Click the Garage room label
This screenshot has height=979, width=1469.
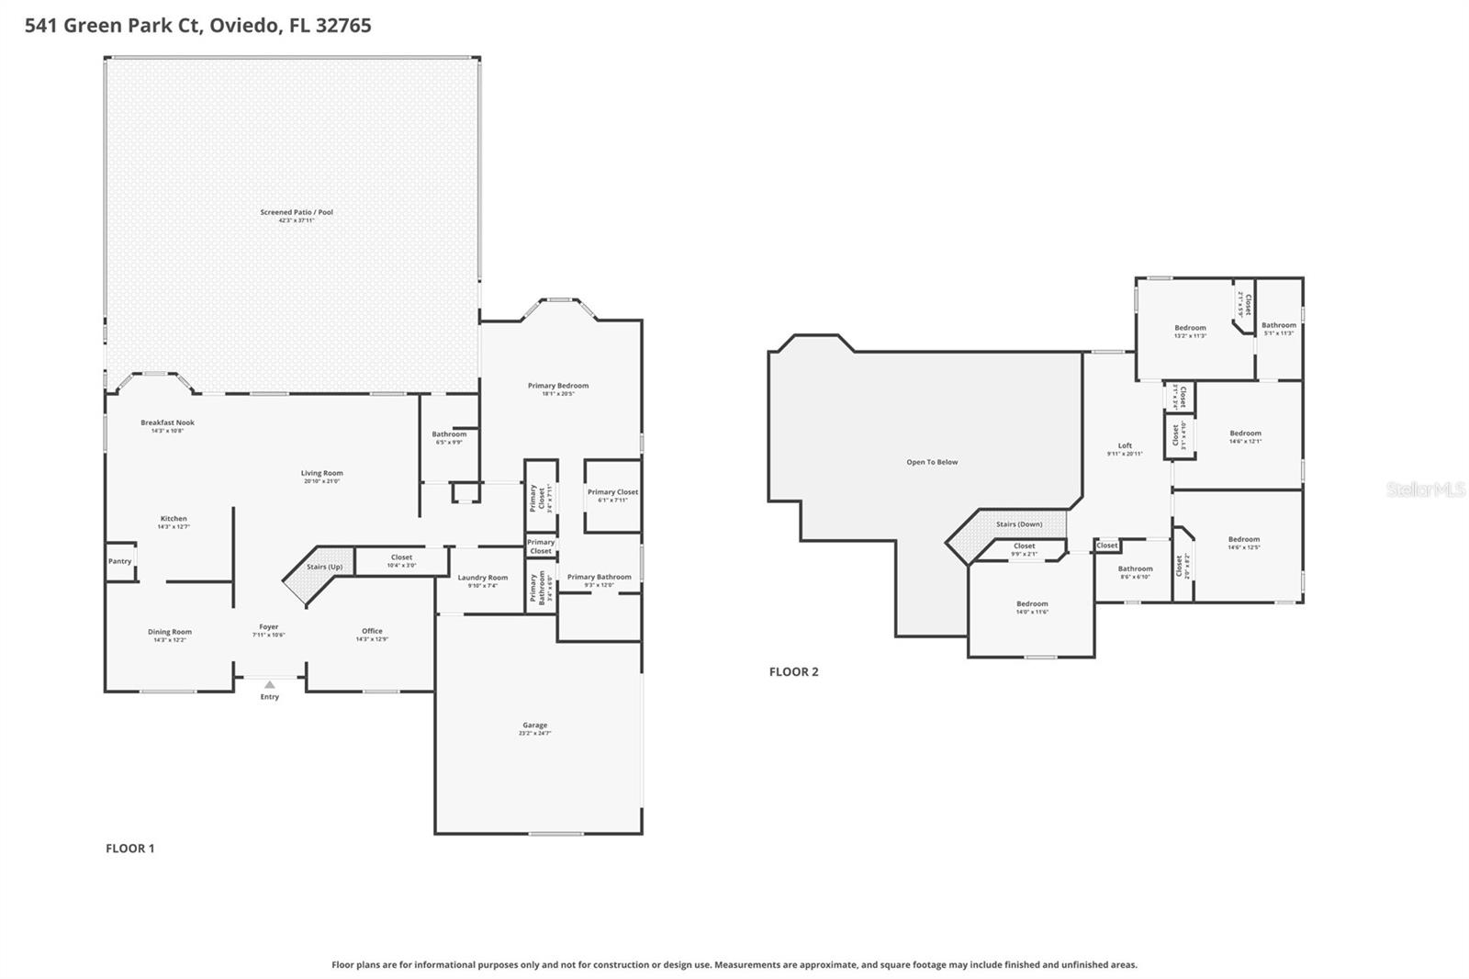point(534,726)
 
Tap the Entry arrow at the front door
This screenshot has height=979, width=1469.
point(269,685)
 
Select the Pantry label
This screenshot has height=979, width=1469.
point(119,561)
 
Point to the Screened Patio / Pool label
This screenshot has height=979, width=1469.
point(297,212)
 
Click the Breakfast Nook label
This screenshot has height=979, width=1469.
point(167,422)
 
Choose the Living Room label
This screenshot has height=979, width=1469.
point(321,473)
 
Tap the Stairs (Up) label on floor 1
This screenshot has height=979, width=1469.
point(324,567)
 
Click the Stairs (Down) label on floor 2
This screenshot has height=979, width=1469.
point(1018,524)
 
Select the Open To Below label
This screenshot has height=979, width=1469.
point(932,462)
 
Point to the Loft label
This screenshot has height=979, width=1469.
point(1125,445)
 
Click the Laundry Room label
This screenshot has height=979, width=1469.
point(482,578)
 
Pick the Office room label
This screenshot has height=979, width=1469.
point(372,631)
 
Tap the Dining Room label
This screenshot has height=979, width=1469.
point(170,632)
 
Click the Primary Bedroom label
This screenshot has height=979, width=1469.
point(558,386)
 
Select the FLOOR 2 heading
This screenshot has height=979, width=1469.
point(793,671)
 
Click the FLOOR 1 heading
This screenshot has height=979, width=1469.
point(129,848)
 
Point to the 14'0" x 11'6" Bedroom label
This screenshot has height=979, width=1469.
point(1032,604)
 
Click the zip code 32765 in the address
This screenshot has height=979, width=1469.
point(343,26)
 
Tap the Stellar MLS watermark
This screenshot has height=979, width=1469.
point(1425,489)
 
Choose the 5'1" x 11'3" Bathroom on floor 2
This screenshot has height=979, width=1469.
point(1278,325)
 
